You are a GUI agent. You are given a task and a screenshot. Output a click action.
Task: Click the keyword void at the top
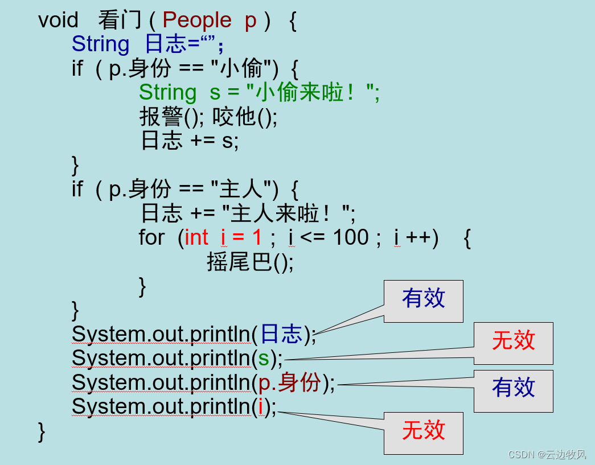coord(58,20)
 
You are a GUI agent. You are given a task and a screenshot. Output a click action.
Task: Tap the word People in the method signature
coord(196,20)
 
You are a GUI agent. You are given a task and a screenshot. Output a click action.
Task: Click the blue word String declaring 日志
coord(100,44)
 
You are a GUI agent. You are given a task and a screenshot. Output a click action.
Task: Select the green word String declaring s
coord(167,92)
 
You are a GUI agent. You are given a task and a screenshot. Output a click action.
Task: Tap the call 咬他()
coord(245,117)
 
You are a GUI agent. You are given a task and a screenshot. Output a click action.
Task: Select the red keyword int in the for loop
coord(196,237)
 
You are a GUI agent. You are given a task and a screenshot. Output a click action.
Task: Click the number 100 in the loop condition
coord(350,237)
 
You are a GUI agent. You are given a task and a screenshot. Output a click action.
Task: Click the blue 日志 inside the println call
coord(281,335)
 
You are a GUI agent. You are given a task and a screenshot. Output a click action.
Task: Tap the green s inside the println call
coord(264,359)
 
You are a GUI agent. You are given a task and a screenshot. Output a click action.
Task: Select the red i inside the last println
coord(261,407)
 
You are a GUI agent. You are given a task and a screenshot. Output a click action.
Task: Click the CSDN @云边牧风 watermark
coord(547,454)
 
